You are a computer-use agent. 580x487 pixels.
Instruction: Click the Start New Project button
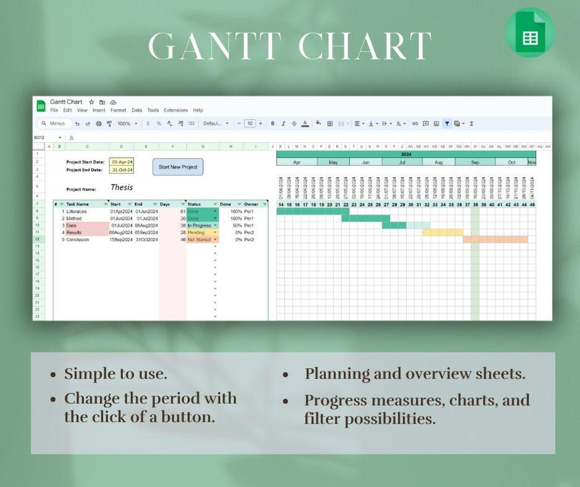coord(178,167)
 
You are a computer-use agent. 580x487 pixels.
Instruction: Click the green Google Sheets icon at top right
coord(530,32)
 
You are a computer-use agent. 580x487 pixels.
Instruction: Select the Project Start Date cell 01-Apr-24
coord(122,162)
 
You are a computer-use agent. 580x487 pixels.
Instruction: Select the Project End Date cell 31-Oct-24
coord(122,170)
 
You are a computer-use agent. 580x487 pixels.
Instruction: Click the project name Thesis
coord(122,187)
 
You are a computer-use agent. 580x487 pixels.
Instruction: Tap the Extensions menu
coord(176,110)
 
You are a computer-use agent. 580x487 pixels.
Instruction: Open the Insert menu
coord(99,110)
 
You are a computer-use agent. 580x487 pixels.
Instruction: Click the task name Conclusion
coord(77,239)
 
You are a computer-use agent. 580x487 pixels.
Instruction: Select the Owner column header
coord(251,204)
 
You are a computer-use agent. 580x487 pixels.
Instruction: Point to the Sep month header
coord(475,163)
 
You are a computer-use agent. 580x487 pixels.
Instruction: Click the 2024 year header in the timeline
coord(406,154)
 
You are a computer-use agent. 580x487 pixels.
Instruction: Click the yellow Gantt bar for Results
coord(442,232)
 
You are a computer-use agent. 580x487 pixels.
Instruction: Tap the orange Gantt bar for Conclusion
coord(495,239)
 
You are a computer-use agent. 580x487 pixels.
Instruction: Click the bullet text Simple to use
coord(115,374)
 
